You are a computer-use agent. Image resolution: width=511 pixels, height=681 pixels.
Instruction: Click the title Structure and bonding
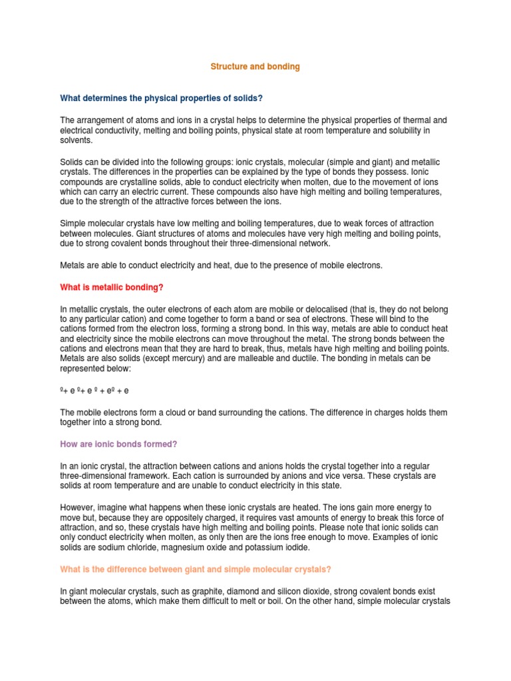point(255,67)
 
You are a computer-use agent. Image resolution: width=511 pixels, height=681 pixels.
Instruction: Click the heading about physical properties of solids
point(162,98)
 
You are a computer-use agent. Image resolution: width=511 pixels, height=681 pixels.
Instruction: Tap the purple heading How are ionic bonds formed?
point(118,444)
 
